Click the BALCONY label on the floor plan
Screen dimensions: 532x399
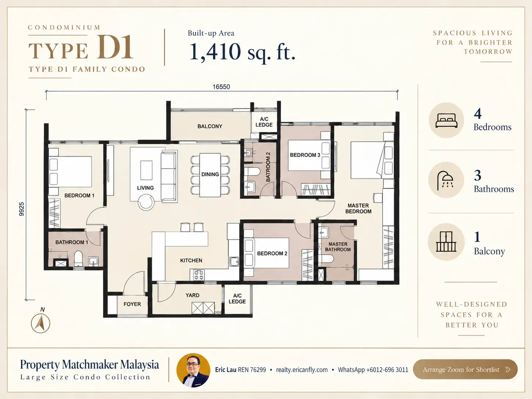pos(210,126)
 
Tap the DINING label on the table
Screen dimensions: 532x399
pos(210,174)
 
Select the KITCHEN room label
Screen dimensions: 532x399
pos(191,260)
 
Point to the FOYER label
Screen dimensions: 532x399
pos(132,304)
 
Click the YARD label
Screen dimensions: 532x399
pos(193,295)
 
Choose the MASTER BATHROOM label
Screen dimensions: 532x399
pos(338,247)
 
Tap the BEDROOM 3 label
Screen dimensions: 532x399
pos(305,155)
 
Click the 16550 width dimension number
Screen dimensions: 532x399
pos(221,87)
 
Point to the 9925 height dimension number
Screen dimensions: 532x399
pos(22,209)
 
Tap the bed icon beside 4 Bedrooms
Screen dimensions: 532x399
pos(446,121)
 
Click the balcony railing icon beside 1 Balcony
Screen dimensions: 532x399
pos(446,241)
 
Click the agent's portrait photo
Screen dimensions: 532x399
pos(193,370)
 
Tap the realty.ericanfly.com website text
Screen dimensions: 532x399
pos(302,370)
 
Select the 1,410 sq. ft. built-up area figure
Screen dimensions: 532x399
pos(242,52)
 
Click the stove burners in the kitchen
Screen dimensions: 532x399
pos(199,275)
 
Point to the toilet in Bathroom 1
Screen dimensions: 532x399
pos(78,259)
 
